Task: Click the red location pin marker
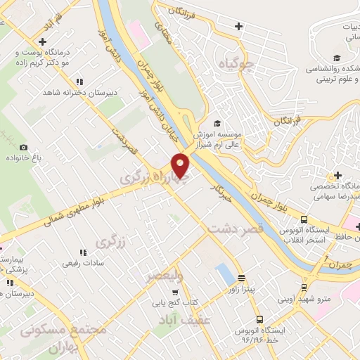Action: [x=181, y=165]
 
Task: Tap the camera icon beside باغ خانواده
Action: [x=23, y=147]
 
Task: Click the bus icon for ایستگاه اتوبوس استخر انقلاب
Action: [x=303, y=219]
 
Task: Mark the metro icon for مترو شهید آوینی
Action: [x=303, y=287]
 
